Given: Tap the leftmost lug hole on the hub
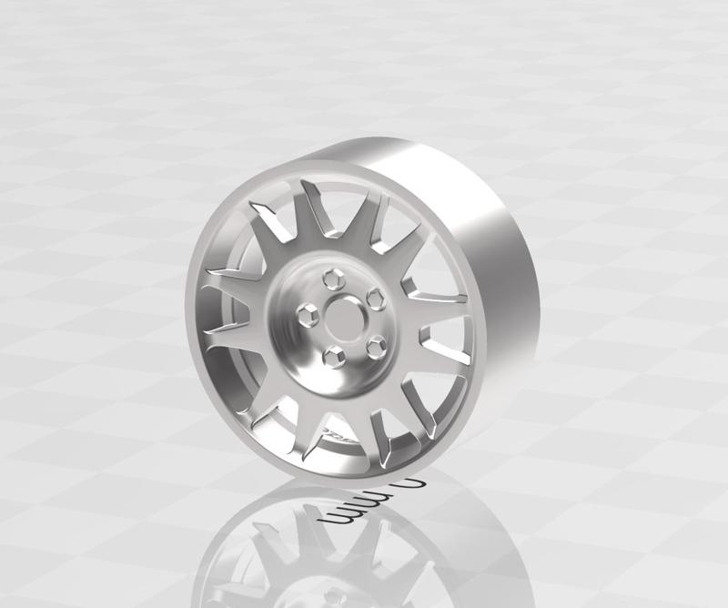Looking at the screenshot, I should tap(308, 314).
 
